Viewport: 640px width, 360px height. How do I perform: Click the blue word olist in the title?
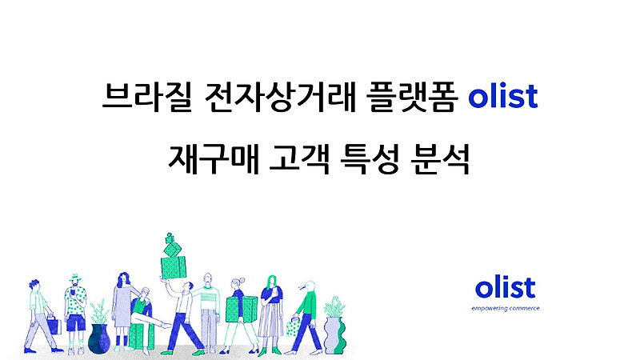tap(502, 99)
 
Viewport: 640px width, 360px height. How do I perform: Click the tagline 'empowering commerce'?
tap(505, 308)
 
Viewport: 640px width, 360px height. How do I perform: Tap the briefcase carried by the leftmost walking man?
tap(53, 326)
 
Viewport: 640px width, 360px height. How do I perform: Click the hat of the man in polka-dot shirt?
tap(74, 278)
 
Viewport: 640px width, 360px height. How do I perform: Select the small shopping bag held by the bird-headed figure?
tap(293, 326)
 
